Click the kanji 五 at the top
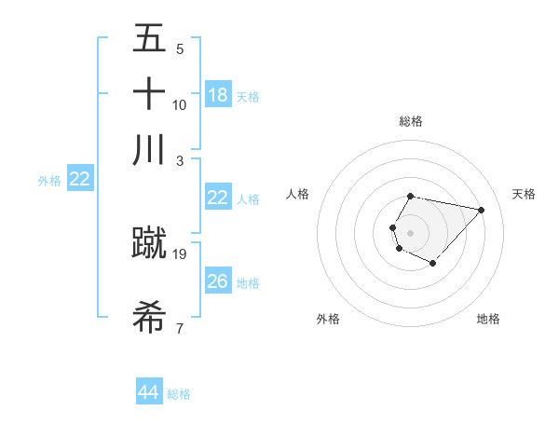pyautogui.click(x=149, y=39)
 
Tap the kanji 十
pyautogui.click(x=149, y=94)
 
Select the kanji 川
pyautogui.click(x=149, y=149)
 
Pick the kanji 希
pyautogui.click(x=149, y=316)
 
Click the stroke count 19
pyautogui.click(x=180, y=253)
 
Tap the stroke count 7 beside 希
pyautogui.click(x=180, y=327)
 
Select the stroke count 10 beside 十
pyautogui.click(x=180, y=104)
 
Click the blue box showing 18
pyautogui.click(x=218, y=94)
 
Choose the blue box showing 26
pyautogui.click(x=218, y=281)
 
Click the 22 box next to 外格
pyautogui.click(x=80, y=179)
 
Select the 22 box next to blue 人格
pyautogui.click(x=218, y=198)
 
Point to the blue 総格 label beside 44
pyautogui.click(x=179, y=394)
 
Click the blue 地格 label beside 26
pyautogui.click(x=248, y=282)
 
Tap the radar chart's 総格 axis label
pyautogui.click(x=411, y=121)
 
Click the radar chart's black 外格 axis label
pyautogui.click(x=328, y=319)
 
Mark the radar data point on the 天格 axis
pyautogui.click(x=481, y=210)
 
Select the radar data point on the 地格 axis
pyautogui.click(x=432, y=263)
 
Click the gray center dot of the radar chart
pyautogui.click(x=410, y=232)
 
